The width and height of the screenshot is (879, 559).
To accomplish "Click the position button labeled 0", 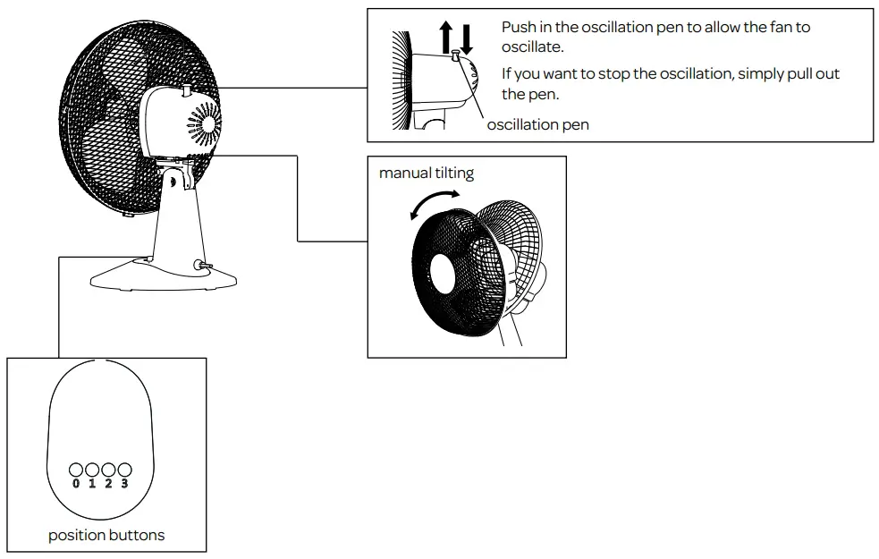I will (76, 470).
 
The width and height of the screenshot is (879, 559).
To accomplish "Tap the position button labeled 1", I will (92, 470).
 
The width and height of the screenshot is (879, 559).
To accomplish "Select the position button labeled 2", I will (108, 470).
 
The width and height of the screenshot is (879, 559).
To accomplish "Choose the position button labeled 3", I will (124, 470).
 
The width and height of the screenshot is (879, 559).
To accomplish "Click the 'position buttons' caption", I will (106, 536).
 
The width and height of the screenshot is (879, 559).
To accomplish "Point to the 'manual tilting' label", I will (427, 173).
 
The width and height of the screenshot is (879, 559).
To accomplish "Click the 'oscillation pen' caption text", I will (537, 125).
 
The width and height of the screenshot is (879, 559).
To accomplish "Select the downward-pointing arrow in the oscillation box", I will (466, 38).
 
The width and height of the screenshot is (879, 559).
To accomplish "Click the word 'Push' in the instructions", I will (519, 28).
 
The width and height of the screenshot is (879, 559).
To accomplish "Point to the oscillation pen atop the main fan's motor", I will (184, 89).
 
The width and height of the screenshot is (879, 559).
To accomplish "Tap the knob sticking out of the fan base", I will (203, 264).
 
